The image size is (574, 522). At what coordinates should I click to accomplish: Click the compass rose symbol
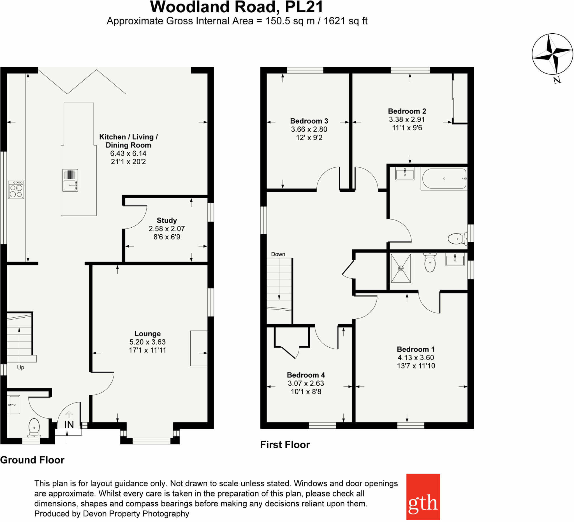pyautogui.click(x=552, y=54)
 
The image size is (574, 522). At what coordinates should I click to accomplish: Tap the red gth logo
pyautogui.click(x=423, y=497)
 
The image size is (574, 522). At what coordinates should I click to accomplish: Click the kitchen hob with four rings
pyautogui.click(x=16, y=190)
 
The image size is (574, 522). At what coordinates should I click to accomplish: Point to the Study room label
pyautogui.click(x=166, y=220)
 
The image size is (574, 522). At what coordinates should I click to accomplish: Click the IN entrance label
pyautogui.click(x=69, y=425)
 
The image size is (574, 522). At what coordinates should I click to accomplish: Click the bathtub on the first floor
pyautogui.click(x=444, y=179)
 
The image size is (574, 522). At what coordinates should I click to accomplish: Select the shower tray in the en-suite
pyautogui.click(x=401, y=269)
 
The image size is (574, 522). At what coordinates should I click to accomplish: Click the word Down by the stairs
pyautogui.click(x=278, y=254)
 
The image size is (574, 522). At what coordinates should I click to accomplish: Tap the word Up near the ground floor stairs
pyautogui.click(x=20, y=367)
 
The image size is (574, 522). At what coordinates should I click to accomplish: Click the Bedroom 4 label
pyautogui.click(x=306, y=375)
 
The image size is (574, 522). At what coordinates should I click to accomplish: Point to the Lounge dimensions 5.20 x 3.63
pyautogui.click(x=147, y=342)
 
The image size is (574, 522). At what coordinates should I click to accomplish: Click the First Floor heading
pyautogui.click(x=285, y=445)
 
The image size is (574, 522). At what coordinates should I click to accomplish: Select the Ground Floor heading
pyautogui.click(x=32, y=460)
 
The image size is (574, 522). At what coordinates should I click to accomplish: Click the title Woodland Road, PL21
pyautogui.click(x=237, y=7)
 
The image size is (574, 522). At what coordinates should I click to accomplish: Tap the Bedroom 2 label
pyautogui.click(x=407, y=111)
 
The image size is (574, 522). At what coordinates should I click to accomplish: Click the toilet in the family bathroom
pyautogui.click(x=457, y=239)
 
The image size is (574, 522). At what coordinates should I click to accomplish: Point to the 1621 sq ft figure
pyautogui.click(x=345, y=21)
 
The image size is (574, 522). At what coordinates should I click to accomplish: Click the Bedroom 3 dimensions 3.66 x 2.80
pyautogui.click(x=309, y=129)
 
